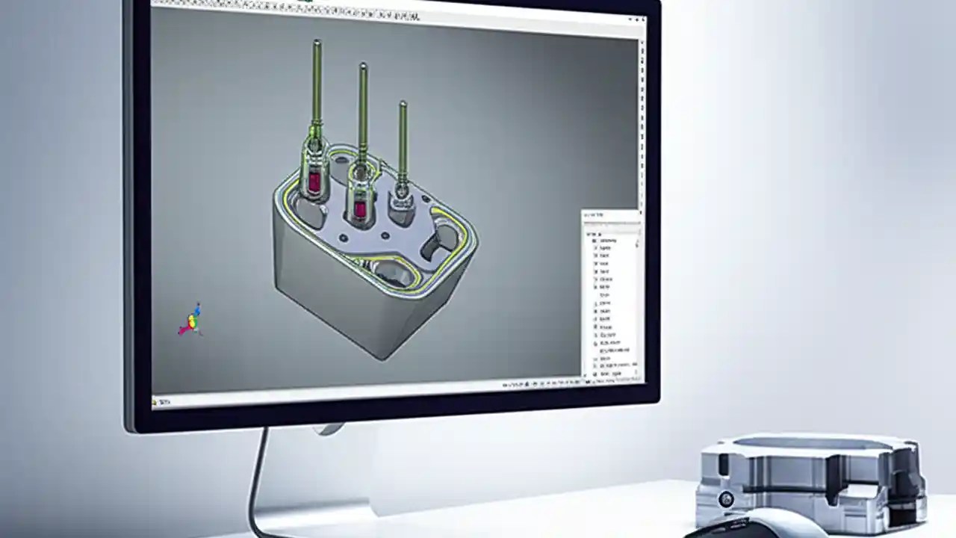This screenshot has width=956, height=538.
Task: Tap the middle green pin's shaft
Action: [x=363, y=112]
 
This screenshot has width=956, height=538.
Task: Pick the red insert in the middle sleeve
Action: [x=360, y=208]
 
